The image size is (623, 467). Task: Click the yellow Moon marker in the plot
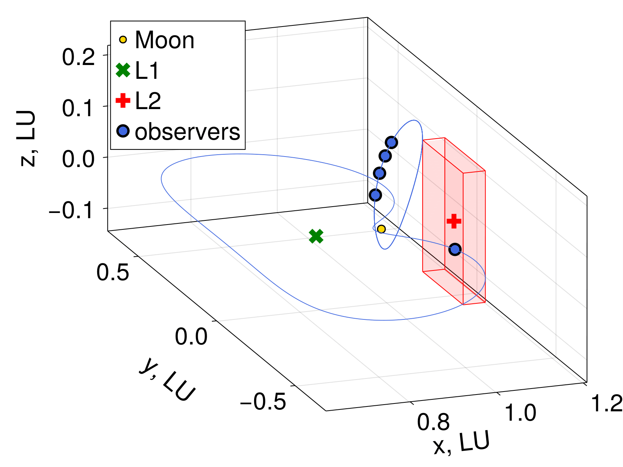[381, 229]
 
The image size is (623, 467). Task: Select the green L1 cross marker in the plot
[316, 236]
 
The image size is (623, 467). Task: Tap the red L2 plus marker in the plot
[454, 221]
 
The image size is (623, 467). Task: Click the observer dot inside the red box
[454, 249]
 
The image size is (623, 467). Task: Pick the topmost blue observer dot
[391, 142]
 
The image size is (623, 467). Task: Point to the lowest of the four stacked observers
[375, 195]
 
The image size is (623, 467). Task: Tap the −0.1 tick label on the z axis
[71, 210]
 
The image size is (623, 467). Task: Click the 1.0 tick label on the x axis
[521, 413]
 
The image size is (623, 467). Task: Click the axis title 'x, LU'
[462, 443]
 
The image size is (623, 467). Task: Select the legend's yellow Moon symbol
[123, 40]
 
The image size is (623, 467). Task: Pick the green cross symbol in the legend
[123, 70]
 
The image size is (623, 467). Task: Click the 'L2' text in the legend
[148, 101]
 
